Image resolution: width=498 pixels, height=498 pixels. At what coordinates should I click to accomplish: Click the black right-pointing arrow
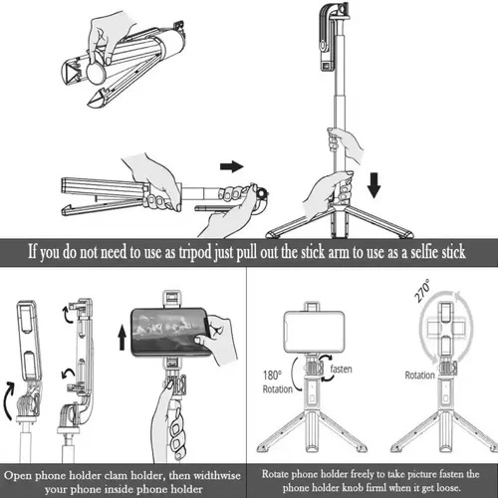pos(231,166)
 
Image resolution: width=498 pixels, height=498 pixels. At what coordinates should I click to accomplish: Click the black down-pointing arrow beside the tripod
pos(374,185)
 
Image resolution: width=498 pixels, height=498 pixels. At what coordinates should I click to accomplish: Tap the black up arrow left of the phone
pos(123,338)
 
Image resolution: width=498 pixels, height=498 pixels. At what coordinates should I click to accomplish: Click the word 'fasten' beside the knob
pos(341,369)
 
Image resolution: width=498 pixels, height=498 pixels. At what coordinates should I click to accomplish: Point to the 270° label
pos(422,291)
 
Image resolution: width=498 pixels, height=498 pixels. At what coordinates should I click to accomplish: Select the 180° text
pos(272,375)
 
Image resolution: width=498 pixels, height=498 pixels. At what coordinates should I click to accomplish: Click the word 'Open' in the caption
pos(18,476)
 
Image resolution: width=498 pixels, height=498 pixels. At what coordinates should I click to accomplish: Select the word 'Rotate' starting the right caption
pos(277,474)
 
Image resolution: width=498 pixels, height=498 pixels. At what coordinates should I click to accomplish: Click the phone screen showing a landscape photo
pos(170,333)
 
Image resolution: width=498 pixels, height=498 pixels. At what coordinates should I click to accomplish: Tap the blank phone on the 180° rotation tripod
pos(314,331)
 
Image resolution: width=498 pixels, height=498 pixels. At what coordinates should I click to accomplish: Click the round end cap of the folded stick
pos(98,73)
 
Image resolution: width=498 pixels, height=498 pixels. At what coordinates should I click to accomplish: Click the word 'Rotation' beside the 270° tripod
pos(419,375)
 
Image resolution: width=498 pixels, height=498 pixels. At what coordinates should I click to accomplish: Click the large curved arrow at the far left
pos(9,401)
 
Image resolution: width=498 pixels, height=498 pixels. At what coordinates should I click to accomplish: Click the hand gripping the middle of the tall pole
pos(345,143)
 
